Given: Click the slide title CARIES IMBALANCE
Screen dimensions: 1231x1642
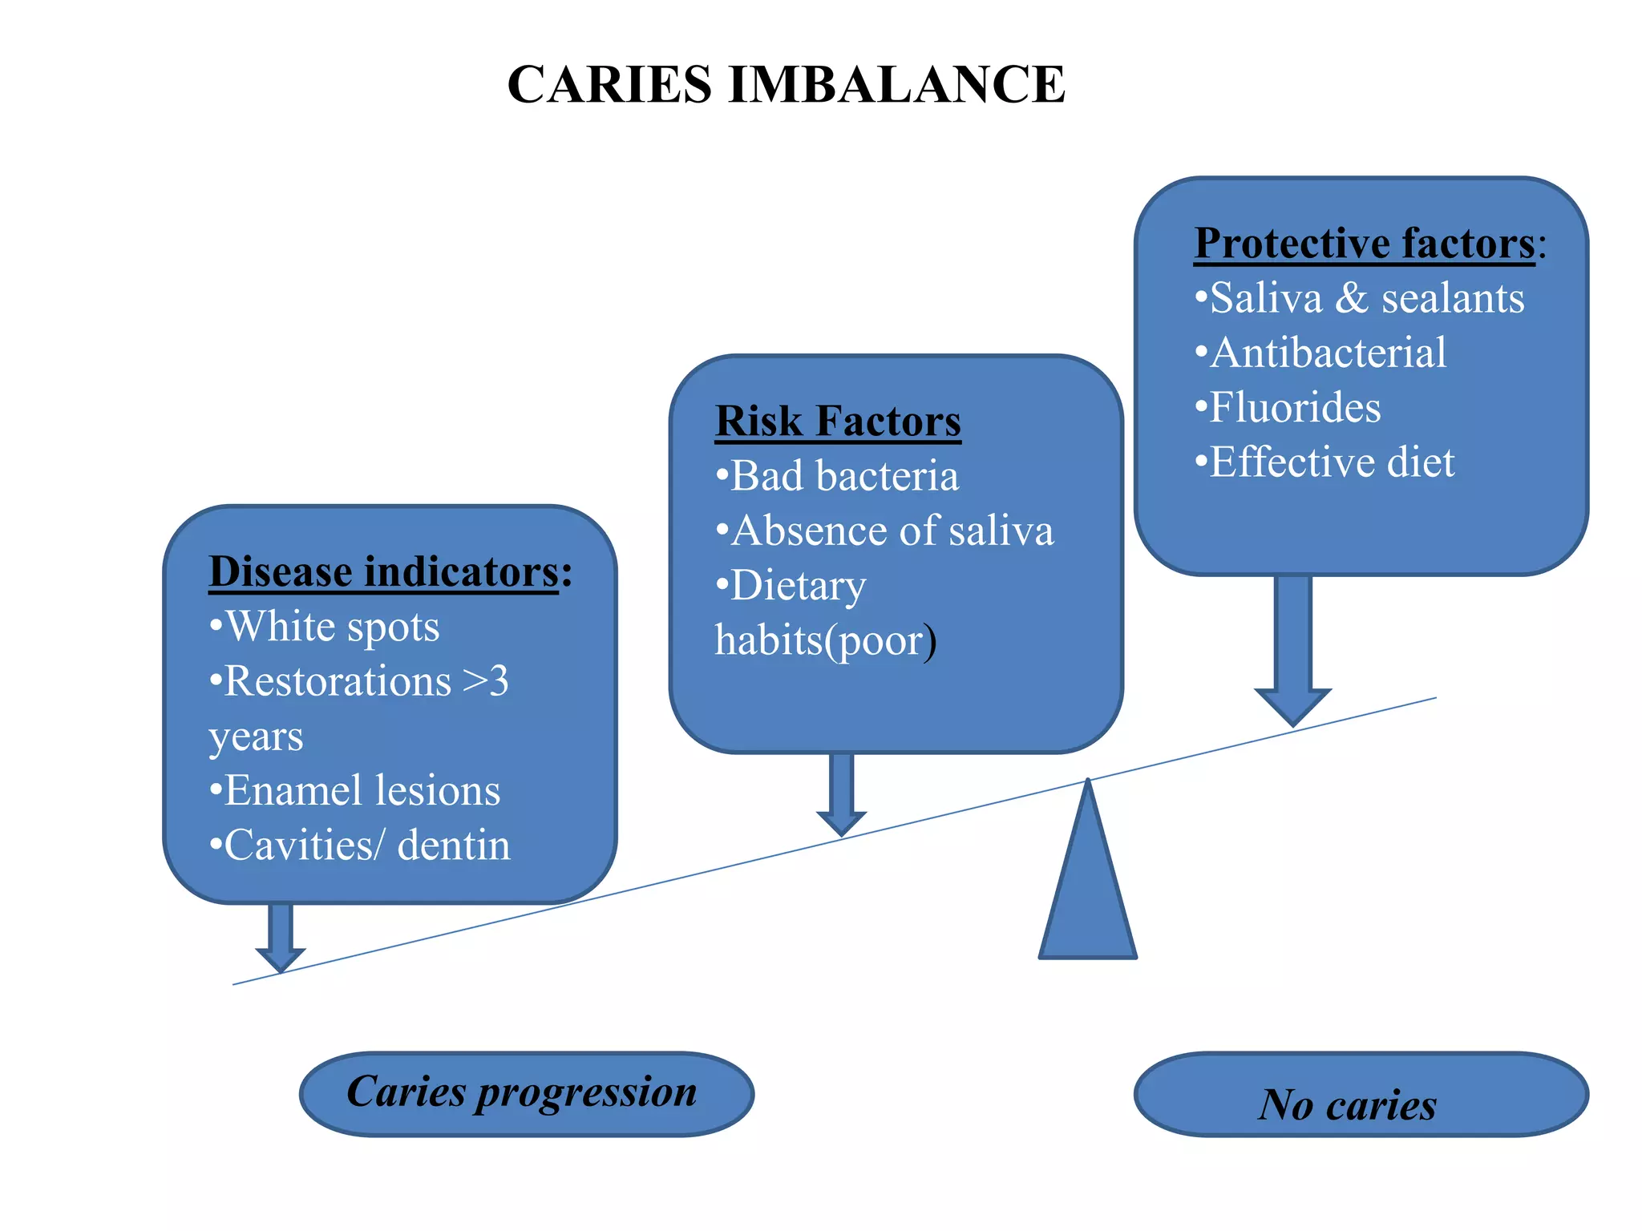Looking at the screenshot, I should (x=786, y=84).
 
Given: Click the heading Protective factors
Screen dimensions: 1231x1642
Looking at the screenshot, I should (x=1363, y=244).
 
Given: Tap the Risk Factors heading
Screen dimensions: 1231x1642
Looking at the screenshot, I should (x=837, y=422).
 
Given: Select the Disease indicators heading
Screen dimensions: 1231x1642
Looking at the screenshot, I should (x=383, y=572).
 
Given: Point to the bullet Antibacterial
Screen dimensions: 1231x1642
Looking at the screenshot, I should (x=1327, y=353).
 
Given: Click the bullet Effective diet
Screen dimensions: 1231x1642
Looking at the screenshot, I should (x=1331, y=462).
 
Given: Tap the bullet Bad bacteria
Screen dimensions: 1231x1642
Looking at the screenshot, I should (x=843, y=476).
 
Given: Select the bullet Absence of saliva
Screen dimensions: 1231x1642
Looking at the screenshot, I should (x=891, y=531).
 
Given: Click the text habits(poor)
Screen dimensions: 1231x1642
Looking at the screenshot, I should (x=825, y=640).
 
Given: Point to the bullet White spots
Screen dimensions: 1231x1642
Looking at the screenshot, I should (x=330, y=626).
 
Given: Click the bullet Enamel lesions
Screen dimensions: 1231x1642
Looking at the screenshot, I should (x=361, y=790).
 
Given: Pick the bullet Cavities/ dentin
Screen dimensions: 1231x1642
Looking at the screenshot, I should (x=366, y=846).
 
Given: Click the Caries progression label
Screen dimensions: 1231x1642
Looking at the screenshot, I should (x=522, y=1092).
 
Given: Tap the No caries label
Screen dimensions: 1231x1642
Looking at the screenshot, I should (x=1349, y=1104).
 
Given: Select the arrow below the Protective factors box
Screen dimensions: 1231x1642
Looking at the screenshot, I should (x=1292, y=649).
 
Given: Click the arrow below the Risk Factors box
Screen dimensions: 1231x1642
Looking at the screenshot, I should (x=841, y=793).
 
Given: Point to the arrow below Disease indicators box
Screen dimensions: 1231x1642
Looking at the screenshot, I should (x=280, y=936).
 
